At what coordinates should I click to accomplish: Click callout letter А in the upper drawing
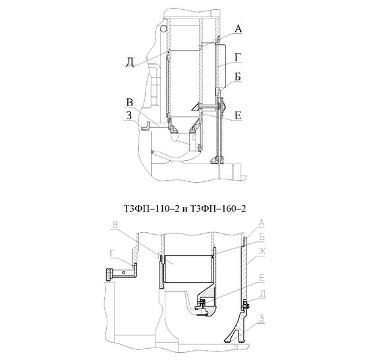(x=238, y=29)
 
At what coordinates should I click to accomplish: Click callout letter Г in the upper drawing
(x=238, y=57)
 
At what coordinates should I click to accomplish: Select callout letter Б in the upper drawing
(x=238, y=76)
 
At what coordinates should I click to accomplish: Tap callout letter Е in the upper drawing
(x=238, y=115)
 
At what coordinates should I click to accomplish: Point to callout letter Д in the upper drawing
(x=130, y=63)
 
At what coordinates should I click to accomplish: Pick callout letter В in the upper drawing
(x=130, y=103)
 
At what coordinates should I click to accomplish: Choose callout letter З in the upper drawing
(x=129, y=115)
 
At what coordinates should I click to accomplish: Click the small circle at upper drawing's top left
(x=163, y=29)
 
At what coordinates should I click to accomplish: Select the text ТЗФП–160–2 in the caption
(x=218, y=208)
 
